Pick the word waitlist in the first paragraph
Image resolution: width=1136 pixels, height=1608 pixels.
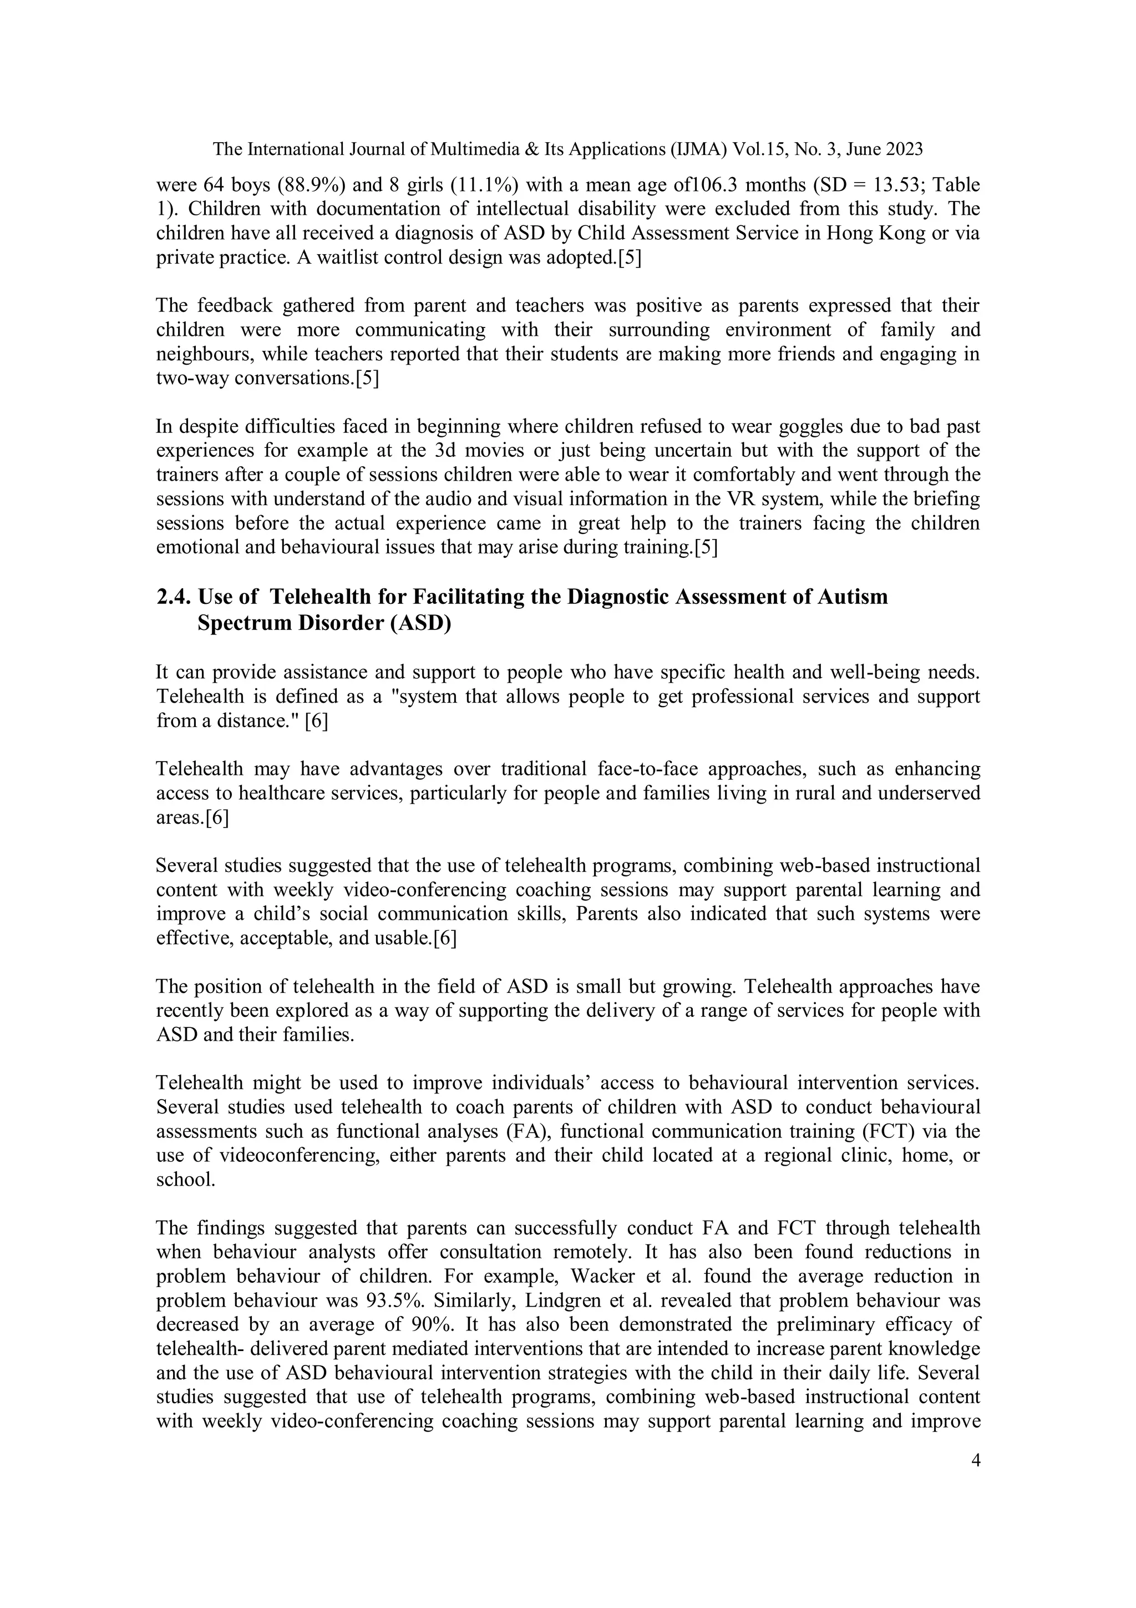click(350, 258)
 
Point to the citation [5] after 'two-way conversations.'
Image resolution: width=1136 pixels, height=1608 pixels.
click(367, 378)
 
